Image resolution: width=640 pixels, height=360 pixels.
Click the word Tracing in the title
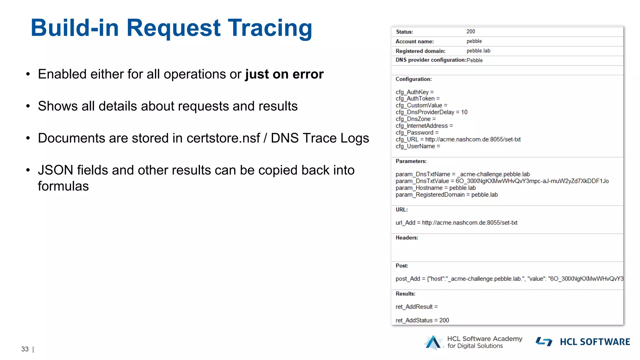coord(270,28)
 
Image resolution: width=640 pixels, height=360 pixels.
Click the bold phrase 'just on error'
coord(284,74)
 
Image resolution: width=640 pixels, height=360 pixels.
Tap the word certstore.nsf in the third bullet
coord(223,138)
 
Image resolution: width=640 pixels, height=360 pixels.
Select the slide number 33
coord(25,349)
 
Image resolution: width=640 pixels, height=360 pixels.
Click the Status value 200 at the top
coord(471,32)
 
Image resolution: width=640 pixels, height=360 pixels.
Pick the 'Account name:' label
coord(415,42)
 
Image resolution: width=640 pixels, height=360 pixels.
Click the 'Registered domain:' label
coord(420,51)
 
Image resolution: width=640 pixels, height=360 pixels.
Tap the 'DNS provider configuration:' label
coord(431,60)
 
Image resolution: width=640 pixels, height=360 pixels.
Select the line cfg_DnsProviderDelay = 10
coord(431,112)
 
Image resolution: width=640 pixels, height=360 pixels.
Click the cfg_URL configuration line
coord(458,139)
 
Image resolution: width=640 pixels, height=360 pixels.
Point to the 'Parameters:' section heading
coord(411,161)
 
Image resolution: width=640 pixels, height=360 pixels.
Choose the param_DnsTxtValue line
coord(502,181)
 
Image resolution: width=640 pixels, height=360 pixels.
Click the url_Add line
coord(456,222)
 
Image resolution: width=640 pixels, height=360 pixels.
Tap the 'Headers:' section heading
coord(407,238)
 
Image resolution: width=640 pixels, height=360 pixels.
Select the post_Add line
coord(509,279)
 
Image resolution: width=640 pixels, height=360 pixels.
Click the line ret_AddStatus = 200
coord(422,320)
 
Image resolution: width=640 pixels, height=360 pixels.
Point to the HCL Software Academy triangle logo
coord(433,342)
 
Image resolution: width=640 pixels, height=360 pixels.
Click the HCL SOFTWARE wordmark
coord(595,342)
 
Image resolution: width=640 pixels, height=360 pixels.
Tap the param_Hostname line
coord(435,188)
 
